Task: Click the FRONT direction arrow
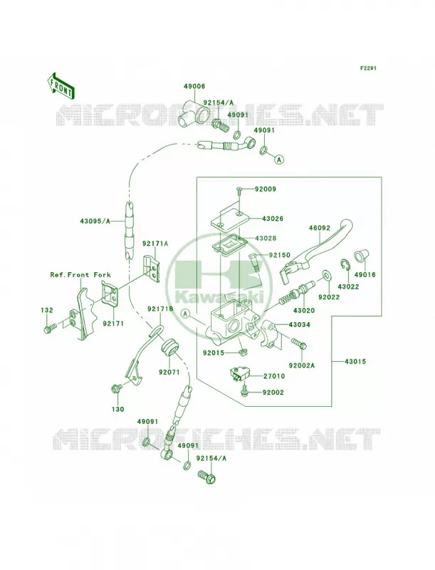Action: [x=61, y=85]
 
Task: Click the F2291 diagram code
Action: [x=368, y=68]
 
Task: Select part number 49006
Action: [x=194, y=86]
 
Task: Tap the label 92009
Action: [x=265, y=189]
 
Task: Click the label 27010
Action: [x=274, y=376]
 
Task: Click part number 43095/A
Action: [x=95, y=220]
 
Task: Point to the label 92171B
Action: [x=160, y=309]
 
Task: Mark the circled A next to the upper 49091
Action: [x=278, y=159]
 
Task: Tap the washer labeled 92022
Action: [x=325, y=274]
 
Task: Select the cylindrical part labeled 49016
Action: [x=360, y=256]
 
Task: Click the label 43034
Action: [x=300, y=325]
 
